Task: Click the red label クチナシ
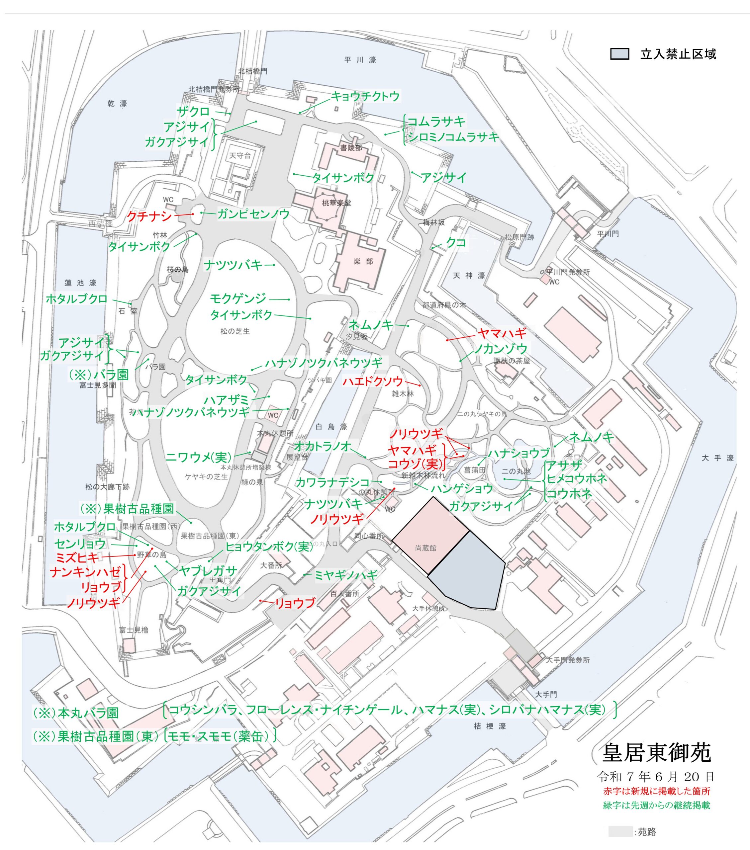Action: (149, 216)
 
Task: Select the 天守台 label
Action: (240, 155)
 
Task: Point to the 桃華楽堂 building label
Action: (336, 203)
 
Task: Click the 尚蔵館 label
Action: (425, 548)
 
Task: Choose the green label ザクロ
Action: (193, 112)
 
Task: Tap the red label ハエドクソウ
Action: (373, 381)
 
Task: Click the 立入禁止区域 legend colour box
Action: (619, 54)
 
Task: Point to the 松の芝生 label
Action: (235, 331)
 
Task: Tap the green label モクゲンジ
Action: (238, 298)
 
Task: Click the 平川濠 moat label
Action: (360, 60)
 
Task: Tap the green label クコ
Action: (456, 242)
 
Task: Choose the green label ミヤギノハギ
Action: (346, 575)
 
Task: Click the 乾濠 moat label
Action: (117, 104)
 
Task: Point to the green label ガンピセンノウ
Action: (253, 214)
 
